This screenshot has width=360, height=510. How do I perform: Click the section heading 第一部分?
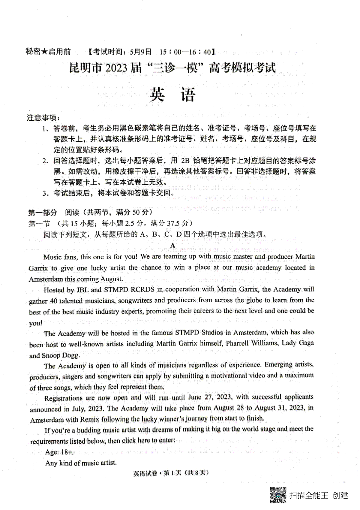point(43,213)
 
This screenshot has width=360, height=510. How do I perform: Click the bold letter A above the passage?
point(172,246)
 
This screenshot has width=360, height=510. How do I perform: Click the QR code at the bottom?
point(278,495)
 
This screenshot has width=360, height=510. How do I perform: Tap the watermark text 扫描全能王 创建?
point(319,495)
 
